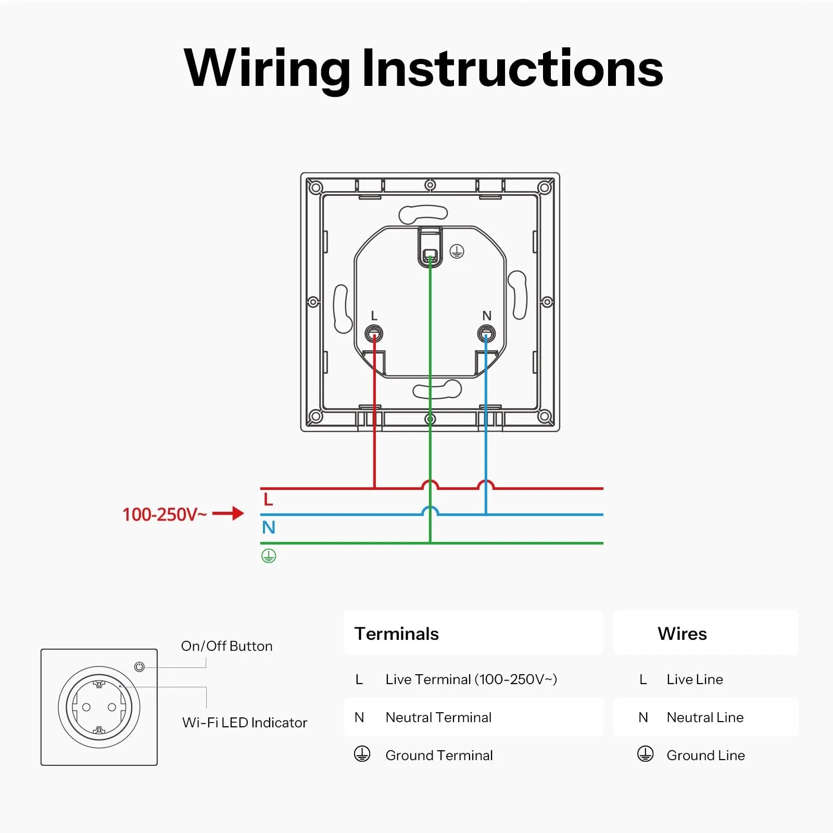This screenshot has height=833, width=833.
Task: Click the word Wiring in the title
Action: (x=267, y=69)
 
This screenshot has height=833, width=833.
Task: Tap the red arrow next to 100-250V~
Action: (x=228, y=513)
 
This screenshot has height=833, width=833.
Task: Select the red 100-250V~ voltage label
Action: (x=165, y=514)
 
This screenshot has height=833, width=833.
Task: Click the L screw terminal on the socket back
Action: (x=374, y=333)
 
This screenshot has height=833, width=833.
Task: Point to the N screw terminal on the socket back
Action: (x=486, y=333)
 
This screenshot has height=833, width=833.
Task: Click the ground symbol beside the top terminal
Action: (x=457, y=251)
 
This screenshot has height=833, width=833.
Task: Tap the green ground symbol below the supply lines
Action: (x=269, y=556)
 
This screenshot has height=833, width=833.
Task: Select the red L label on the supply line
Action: (x=268, y=500)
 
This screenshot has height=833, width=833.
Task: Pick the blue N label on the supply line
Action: (x=269, y=527)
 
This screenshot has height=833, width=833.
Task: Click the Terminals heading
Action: (x=397, y=634)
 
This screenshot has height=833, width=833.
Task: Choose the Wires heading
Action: (x=683, y=634)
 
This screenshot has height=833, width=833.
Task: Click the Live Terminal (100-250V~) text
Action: (x=471, y=679)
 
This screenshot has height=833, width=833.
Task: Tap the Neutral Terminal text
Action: (x=438, y=717)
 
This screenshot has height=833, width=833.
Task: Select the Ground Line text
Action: (x=706, y=755)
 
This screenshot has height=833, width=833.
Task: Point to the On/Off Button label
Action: (x=227, y=646)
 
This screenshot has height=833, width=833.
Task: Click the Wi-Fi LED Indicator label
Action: (x=245, y=723)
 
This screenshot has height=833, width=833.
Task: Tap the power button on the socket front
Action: (x=139, y=667)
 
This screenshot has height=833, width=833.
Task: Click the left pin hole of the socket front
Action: (x=86, y=707)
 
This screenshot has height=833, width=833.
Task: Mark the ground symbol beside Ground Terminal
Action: (x=362, y=754)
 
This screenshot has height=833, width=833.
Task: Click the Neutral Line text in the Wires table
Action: (x=705, y=717)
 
